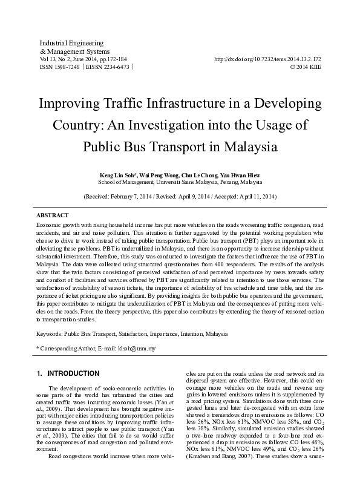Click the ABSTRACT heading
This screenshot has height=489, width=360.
coord(53,215)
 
